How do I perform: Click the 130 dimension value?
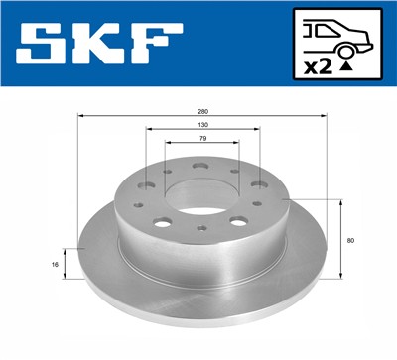[201, 127]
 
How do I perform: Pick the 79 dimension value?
[201, 141]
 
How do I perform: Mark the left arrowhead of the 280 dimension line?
[80, 119]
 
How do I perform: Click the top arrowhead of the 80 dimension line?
[342, 201]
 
